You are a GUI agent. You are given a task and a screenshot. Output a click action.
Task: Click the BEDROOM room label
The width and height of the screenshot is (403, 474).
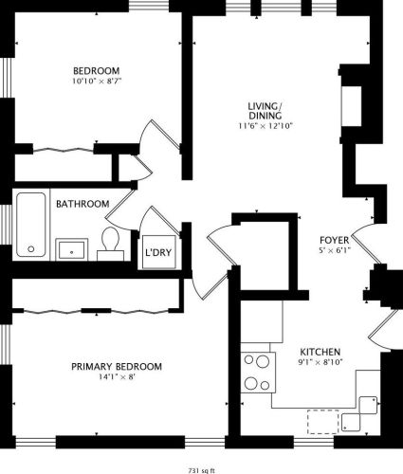(x=97, y=70)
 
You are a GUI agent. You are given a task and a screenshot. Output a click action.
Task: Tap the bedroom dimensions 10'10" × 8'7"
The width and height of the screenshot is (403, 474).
(x=97, y=82)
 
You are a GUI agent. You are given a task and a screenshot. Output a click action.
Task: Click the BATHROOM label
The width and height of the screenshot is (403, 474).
(x=82, y=204)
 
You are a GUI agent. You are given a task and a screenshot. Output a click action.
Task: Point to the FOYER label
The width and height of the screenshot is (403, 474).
(x=334, y=239)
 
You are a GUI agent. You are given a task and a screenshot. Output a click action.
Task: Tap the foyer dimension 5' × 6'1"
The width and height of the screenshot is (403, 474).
(x=334, y=250)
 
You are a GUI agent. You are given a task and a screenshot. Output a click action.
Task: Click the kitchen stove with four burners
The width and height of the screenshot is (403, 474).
(x=256, y=372)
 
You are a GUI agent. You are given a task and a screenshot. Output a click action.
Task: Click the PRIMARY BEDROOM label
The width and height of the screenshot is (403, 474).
(x=116, y=367)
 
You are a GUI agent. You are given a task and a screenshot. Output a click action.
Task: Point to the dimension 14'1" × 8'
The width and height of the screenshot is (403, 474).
(x=116, y=378)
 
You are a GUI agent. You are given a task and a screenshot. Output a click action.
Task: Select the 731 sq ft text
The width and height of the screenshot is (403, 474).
(x=202, y=469)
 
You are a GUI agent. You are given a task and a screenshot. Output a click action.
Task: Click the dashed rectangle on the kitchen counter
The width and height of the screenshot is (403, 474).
(x=322, y=419)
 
